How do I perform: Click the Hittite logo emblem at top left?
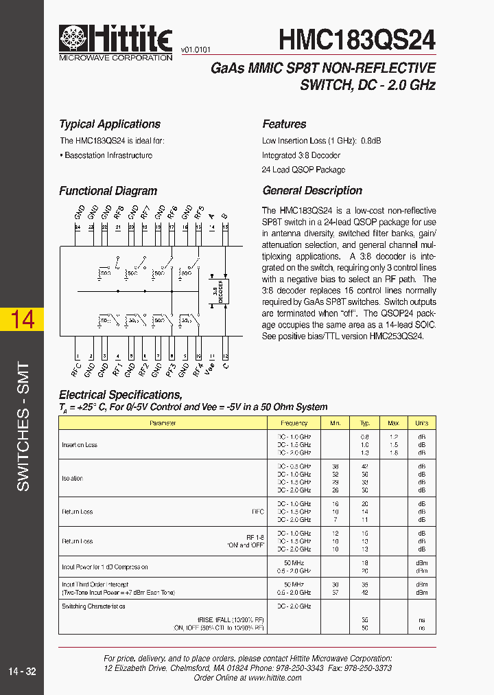tap(73, 39)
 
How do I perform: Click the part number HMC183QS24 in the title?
tap(357, 38)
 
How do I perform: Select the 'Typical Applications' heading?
tap(109, 124)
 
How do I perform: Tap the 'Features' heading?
tap(284, 124)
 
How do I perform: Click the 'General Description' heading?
tap(312, 191)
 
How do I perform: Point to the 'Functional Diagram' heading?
tap(108, 191)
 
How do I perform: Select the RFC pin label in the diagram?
tap(76, 371)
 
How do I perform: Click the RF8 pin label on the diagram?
tap(119, 211)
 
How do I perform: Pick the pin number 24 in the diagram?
tap(78, 227)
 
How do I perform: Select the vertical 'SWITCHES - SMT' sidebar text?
tap(23, 426)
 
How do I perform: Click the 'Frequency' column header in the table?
tap(294, 424)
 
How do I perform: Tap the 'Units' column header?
tap(421, 424)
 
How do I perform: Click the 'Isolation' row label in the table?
tap(72, 479)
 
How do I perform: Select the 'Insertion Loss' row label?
tap(80, 445)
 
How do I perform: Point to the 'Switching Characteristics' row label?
tap(93, 606)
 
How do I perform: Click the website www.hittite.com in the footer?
tap(274, 677)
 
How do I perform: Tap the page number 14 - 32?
tap(22, 671)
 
